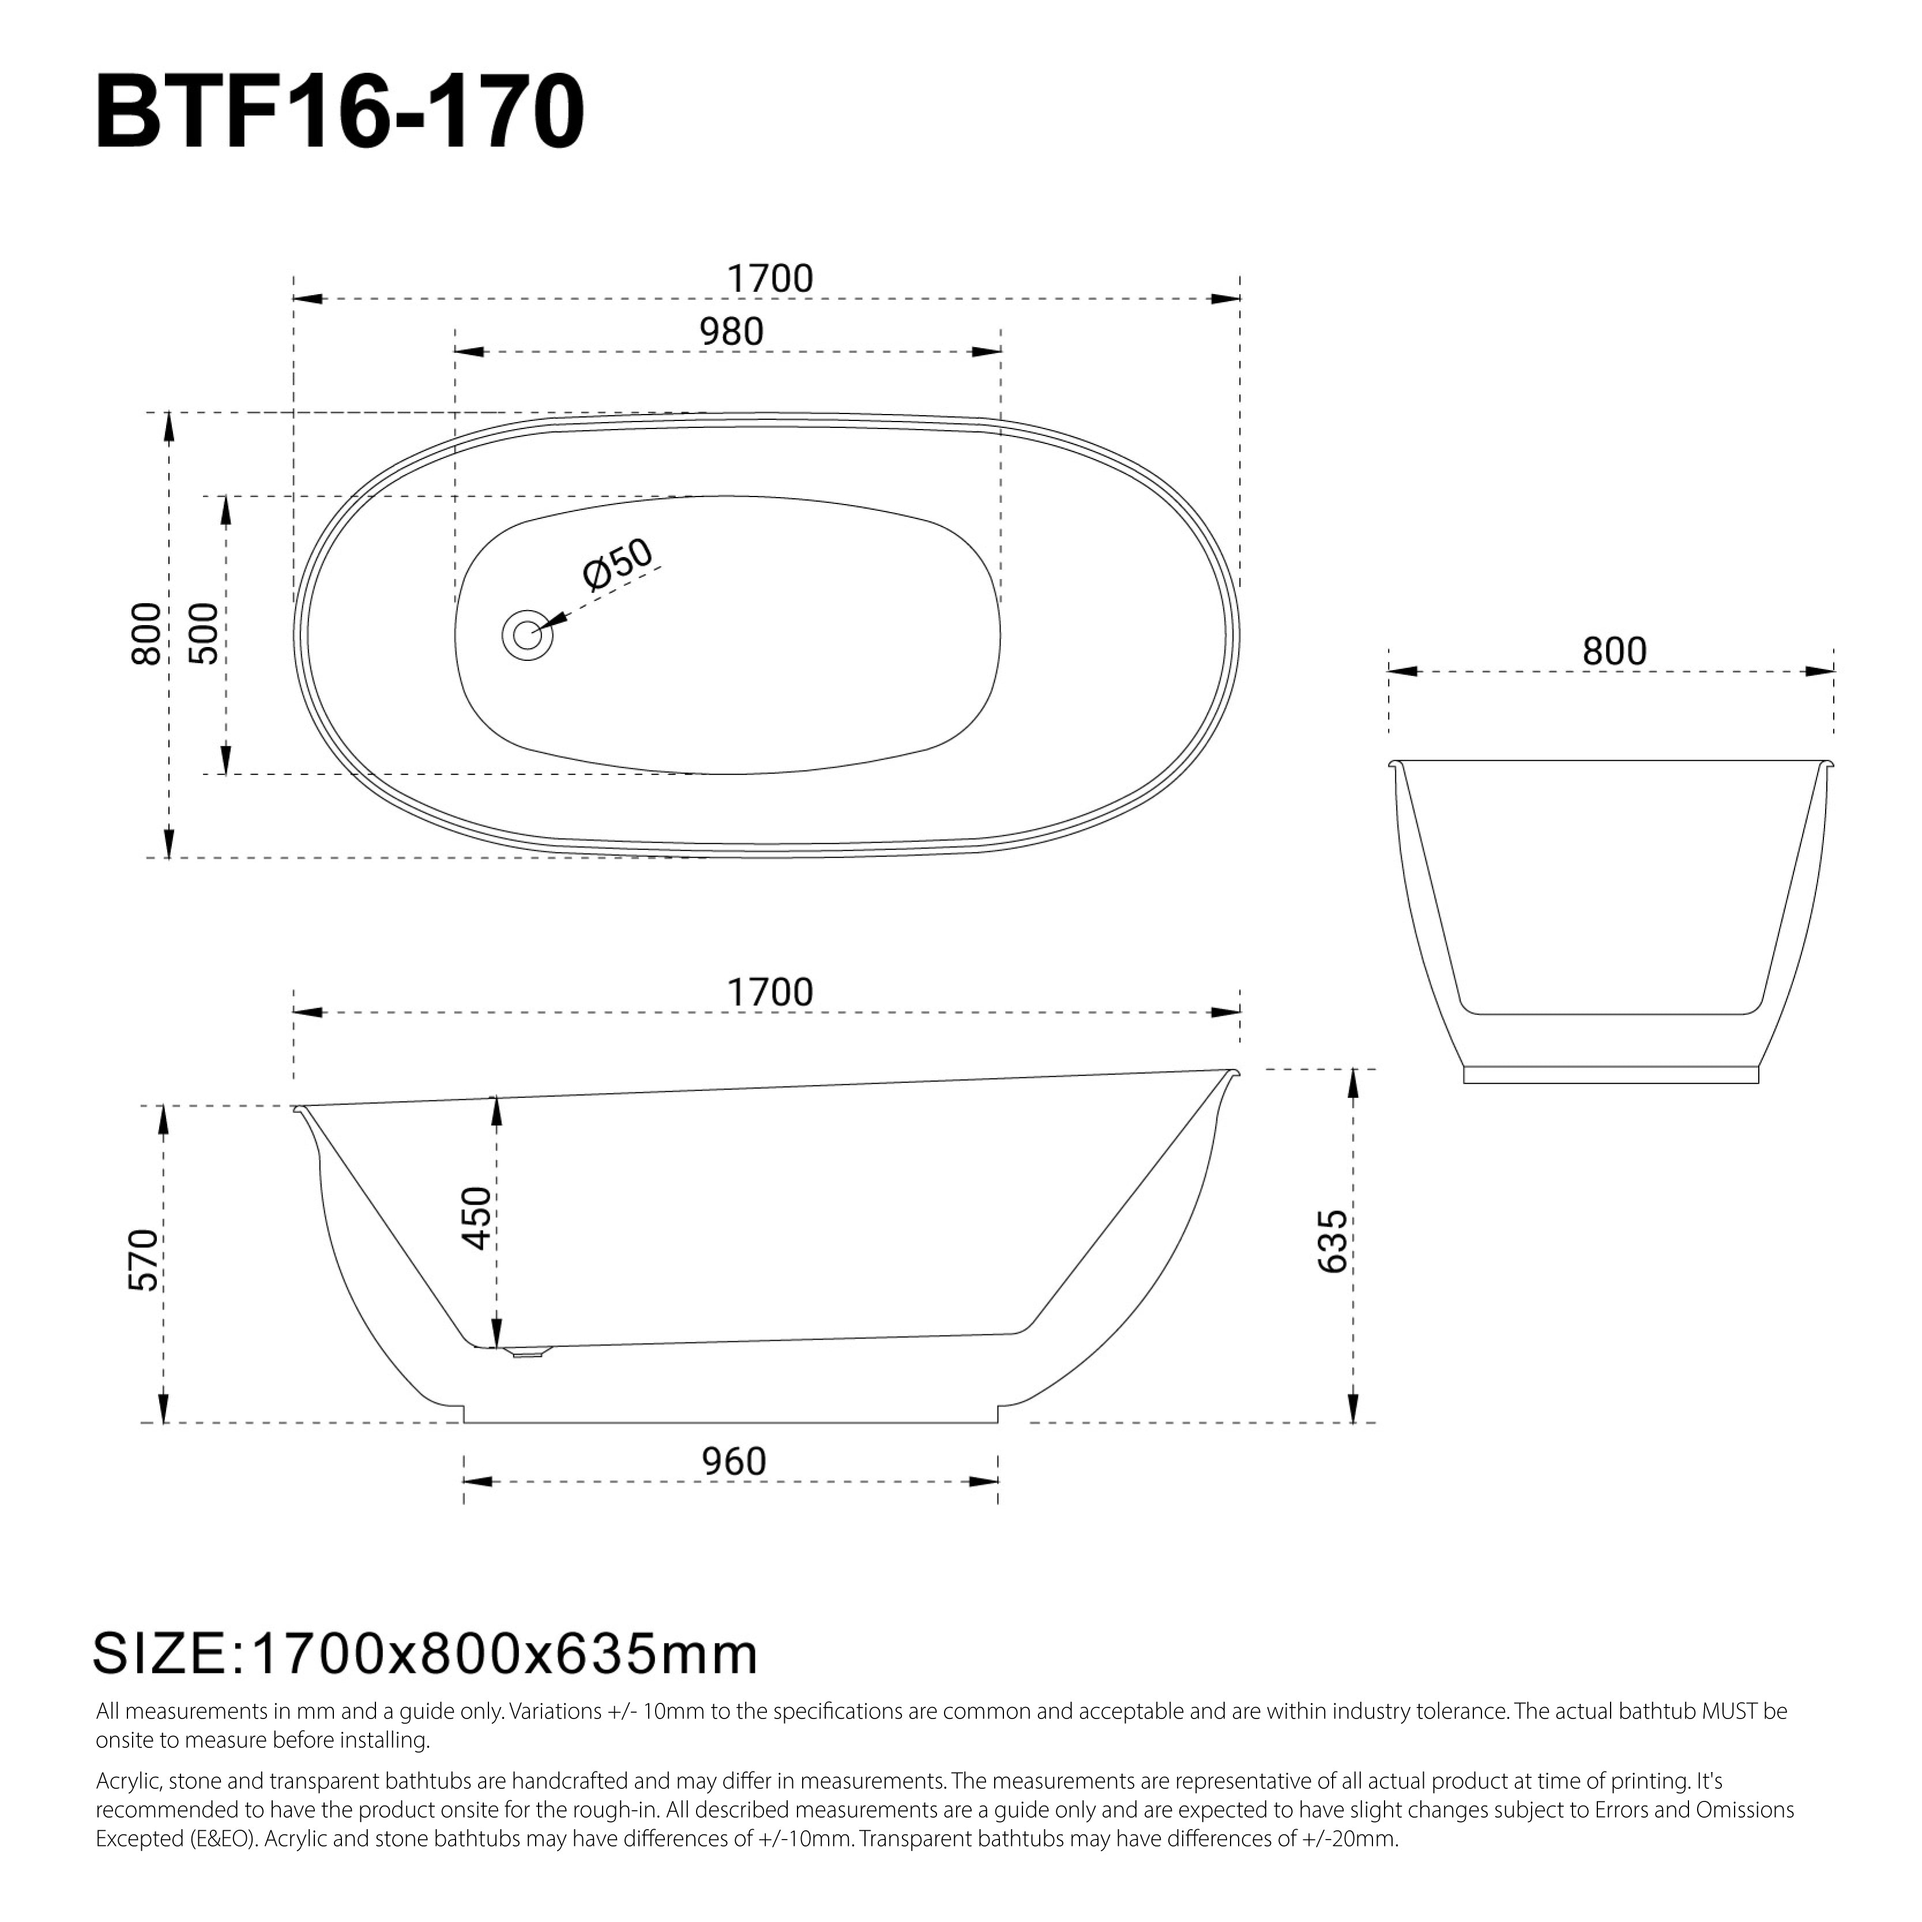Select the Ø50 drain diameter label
(618, 564)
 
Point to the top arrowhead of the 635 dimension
(1353, 1084)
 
